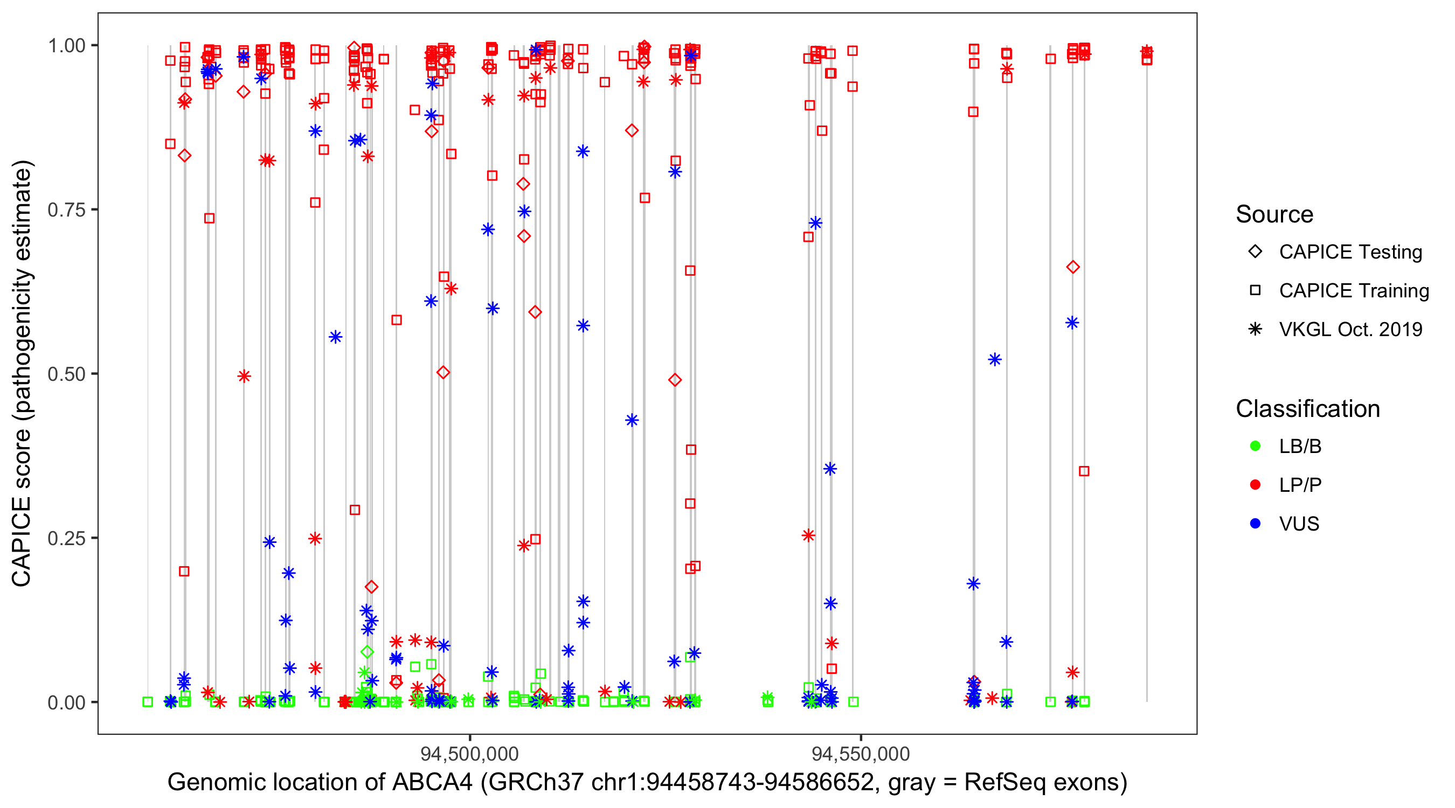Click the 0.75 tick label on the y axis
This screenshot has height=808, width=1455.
(66, 210)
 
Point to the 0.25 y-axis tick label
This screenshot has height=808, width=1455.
(66, 539)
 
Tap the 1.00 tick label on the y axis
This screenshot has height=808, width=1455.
(66, 46)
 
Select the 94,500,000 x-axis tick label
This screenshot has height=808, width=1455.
(469, 754)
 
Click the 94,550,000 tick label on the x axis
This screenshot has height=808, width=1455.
(860, 754)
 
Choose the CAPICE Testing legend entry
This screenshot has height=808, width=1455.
(1350, 252)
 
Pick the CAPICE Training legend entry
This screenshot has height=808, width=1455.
(1353, 291)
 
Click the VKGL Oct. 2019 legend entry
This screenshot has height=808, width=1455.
(1350, 330)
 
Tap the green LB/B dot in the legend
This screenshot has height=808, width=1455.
(1256, 446)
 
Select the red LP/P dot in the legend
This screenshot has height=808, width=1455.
(1256, 485)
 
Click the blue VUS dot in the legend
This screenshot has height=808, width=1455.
(1256, 524)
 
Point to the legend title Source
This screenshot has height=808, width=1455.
(1274, 214)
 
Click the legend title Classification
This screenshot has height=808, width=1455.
(1307, 409)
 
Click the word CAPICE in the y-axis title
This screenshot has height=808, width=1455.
(22, 542)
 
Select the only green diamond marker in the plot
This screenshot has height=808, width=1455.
(367, 652)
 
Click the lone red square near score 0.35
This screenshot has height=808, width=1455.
(1084, 471)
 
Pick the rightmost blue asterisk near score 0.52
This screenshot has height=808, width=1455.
(995, 360)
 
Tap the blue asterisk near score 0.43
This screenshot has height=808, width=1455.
(632, 420)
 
